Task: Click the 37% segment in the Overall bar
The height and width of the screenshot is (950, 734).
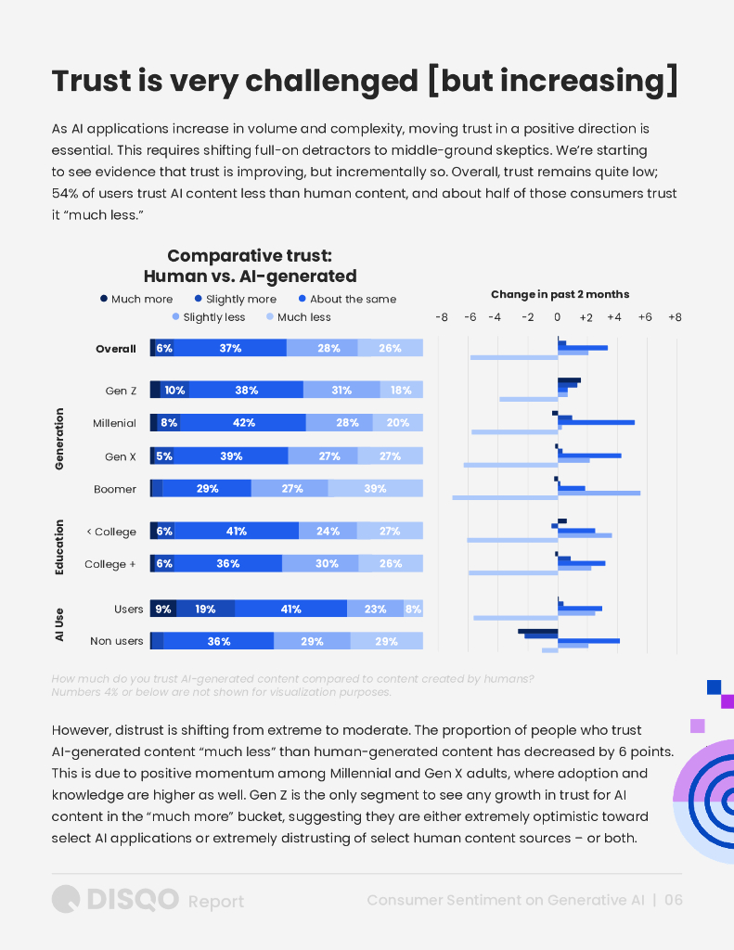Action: [x=230, y=348]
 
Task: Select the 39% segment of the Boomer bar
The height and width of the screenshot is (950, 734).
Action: [x=375, y=489]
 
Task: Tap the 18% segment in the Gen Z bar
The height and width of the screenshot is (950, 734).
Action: [x=401, y=391]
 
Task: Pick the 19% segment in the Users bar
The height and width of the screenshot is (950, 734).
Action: [x=205, y=610]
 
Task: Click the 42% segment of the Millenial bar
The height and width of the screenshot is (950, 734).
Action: [x=243, y=423]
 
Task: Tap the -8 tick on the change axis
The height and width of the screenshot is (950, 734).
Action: [x=442, y=317]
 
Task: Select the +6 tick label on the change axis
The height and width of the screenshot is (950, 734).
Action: [x=645, y=317]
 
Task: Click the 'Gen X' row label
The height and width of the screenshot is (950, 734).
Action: [x=121, y=456]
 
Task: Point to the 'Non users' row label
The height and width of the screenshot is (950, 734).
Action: [x=117, y=641]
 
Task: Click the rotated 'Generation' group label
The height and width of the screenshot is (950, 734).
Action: [x=59, y=439]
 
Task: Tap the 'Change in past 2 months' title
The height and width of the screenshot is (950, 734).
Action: [x=560, y=294]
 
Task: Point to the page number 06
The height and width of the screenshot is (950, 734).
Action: [x=673, y=900]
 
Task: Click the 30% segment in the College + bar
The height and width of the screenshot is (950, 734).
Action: [x=320, y=563]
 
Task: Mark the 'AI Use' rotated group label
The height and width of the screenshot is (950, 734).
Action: [x=59, y=625]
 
